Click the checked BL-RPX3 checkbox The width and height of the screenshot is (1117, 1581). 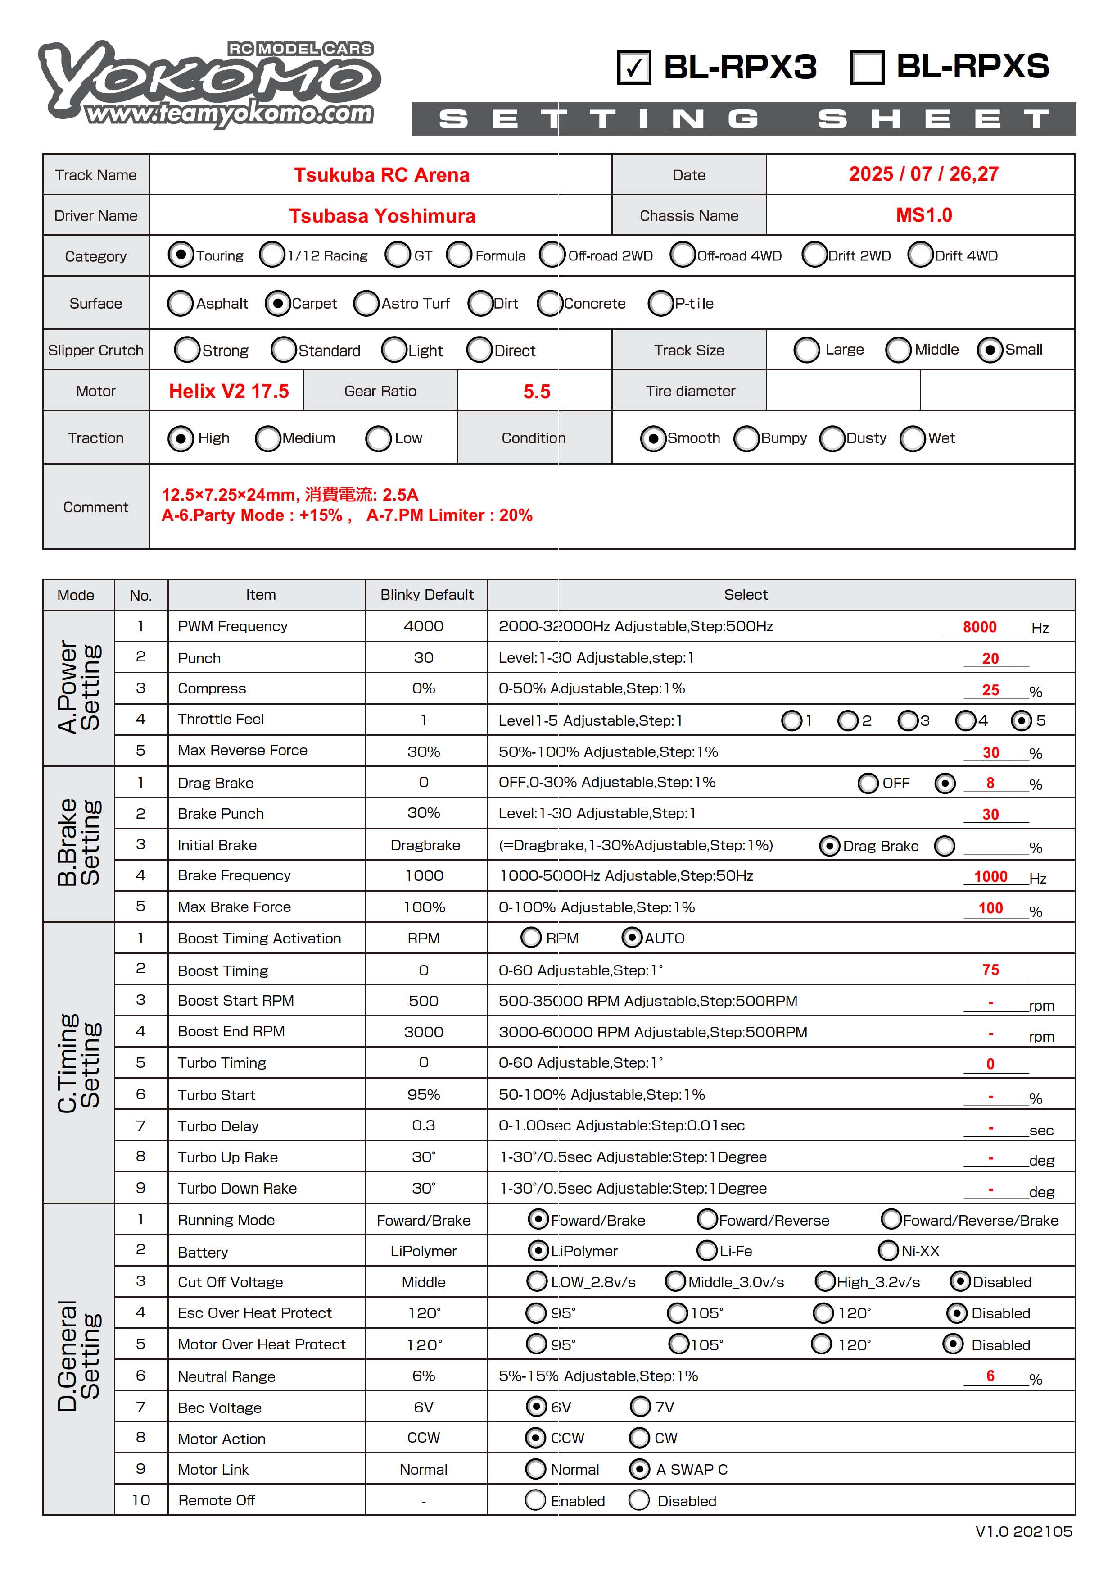point(634,68)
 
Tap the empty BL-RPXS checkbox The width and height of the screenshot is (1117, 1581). point(867,68)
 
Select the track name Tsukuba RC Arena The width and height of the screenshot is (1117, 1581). point(381,175)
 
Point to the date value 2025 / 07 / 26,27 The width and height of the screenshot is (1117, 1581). point(923,174)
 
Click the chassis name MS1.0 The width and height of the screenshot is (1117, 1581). point(923,215)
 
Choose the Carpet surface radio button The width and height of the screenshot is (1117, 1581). point(277,303)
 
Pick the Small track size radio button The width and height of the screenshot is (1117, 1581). point(989,350)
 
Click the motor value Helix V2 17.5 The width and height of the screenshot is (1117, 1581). point(229,391)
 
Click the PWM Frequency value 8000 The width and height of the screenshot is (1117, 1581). point(979,627)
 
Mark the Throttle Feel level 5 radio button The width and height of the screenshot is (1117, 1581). point(1022,720)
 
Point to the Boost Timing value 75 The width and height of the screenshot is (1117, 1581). point(990,970)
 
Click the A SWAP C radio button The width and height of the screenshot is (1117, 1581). point(639,1469)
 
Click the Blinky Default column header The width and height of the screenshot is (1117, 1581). point(427,595)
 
